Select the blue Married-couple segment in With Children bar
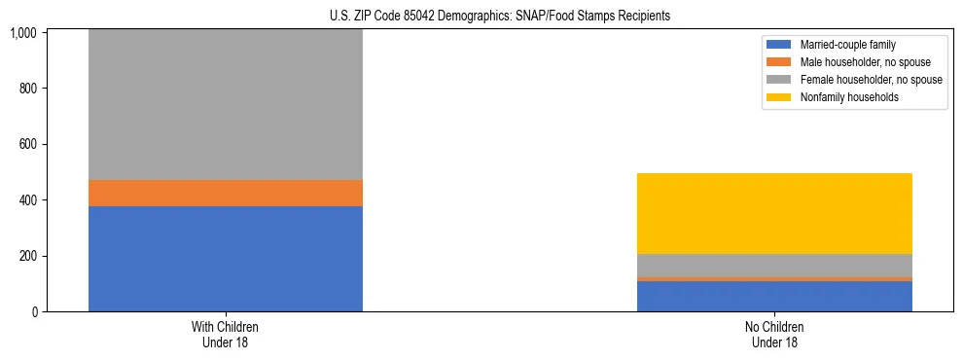tap(225, 259)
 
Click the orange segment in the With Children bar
tap(225, 193)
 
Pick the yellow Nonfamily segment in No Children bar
tap(774, 213)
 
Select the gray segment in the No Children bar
tap(774, 265)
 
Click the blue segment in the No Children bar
tap(774, 296)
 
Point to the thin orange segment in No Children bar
tap(774, 278)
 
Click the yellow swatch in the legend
tap(779, 97)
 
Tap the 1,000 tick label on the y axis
tap(22, 33)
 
